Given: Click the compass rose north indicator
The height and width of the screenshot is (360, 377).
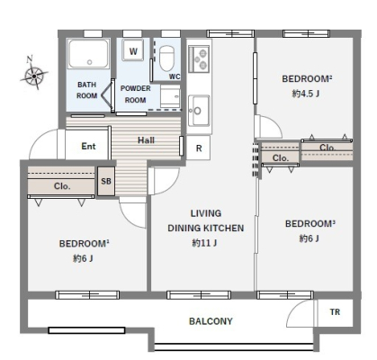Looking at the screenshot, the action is point(34,73).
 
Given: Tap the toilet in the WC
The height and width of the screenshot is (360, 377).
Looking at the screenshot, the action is point(166,58).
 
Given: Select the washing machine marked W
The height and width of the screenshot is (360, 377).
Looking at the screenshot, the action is point(133,50).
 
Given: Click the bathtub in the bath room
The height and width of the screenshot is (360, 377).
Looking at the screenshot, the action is point(88,54).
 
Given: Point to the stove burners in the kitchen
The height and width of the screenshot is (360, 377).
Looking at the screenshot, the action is point(199,58).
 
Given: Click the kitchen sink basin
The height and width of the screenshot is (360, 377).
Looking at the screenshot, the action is point(199,111).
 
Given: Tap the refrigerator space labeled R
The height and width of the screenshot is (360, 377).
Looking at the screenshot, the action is point(199,148).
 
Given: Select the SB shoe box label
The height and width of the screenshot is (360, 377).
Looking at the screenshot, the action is point(106,181).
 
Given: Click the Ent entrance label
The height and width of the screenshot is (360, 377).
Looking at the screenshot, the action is point(88,146).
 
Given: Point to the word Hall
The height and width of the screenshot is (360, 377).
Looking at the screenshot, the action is point(146,139).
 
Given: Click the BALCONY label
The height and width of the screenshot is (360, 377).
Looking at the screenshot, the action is point(211,321).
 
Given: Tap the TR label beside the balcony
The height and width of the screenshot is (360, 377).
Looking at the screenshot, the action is point(335,312).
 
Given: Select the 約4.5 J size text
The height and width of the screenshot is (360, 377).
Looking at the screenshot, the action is point(306,94).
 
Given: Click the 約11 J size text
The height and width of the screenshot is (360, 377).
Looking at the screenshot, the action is point(205,242).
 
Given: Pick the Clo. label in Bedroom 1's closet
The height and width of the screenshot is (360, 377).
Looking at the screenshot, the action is point(62,186).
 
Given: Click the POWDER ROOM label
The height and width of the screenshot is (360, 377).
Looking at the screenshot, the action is point(135,94).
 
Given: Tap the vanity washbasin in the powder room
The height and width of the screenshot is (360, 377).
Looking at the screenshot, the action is point(170,96).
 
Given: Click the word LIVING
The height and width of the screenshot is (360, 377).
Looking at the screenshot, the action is point(206,213).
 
